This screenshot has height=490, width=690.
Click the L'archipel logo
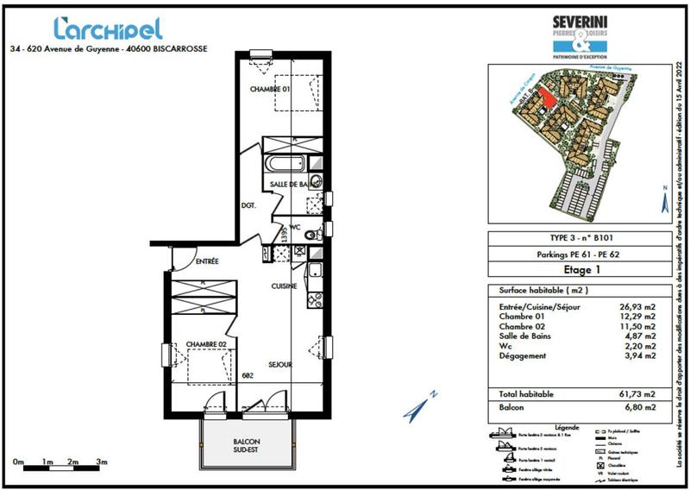click(107, 28)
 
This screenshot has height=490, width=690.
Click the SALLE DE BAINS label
click(290, 185)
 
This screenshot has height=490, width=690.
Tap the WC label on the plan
click(293, 229)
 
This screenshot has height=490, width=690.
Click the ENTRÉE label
click(207, 261)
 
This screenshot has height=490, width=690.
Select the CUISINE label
click(285, 286)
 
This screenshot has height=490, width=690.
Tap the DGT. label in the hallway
click(249, 205)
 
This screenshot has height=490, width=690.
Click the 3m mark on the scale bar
click(102, 462)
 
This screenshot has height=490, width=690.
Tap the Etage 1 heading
click(571, 269)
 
